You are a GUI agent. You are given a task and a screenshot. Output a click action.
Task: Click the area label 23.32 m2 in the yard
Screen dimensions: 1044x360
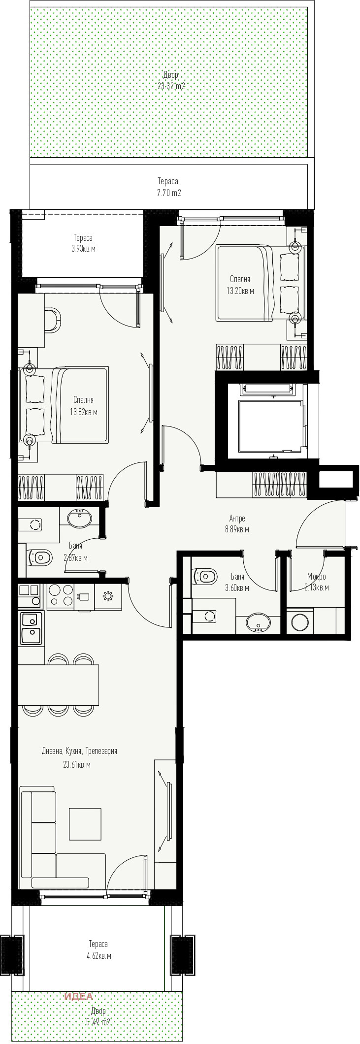pos(171,86)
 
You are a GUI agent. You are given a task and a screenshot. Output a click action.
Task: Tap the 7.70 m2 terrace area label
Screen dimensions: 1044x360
pos(168,193)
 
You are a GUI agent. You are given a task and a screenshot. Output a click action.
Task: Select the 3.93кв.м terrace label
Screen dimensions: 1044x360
pos(83,249)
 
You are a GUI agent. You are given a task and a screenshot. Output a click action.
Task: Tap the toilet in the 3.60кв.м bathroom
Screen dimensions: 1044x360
pos(206,575)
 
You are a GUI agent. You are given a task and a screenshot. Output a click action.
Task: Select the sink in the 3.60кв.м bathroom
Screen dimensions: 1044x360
pos(258,622)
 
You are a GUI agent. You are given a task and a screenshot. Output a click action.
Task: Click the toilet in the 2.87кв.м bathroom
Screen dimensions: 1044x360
pos(41,557)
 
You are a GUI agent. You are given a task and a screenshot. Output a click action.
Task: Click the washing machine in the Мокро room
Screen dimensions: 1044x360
pos(300,622)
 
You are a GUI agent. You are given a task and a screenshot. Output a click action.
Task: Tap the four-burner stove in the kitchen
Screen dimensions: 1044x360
pos(60,596)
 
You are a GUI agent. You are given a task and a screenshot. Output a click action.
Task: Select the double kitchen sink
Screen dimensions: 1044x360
pos(31,627)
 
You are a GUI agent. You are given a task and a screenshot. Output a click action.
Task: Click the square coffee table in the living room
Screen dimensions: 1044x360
pos(85,824)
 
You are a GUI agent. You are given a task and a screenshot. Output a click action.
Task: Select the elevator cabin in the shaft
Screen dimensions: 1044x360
pos(270,425)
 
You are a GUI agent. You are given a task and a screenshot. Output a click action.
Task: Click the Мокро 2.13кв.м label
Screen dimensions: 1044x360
pos(316,582)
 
